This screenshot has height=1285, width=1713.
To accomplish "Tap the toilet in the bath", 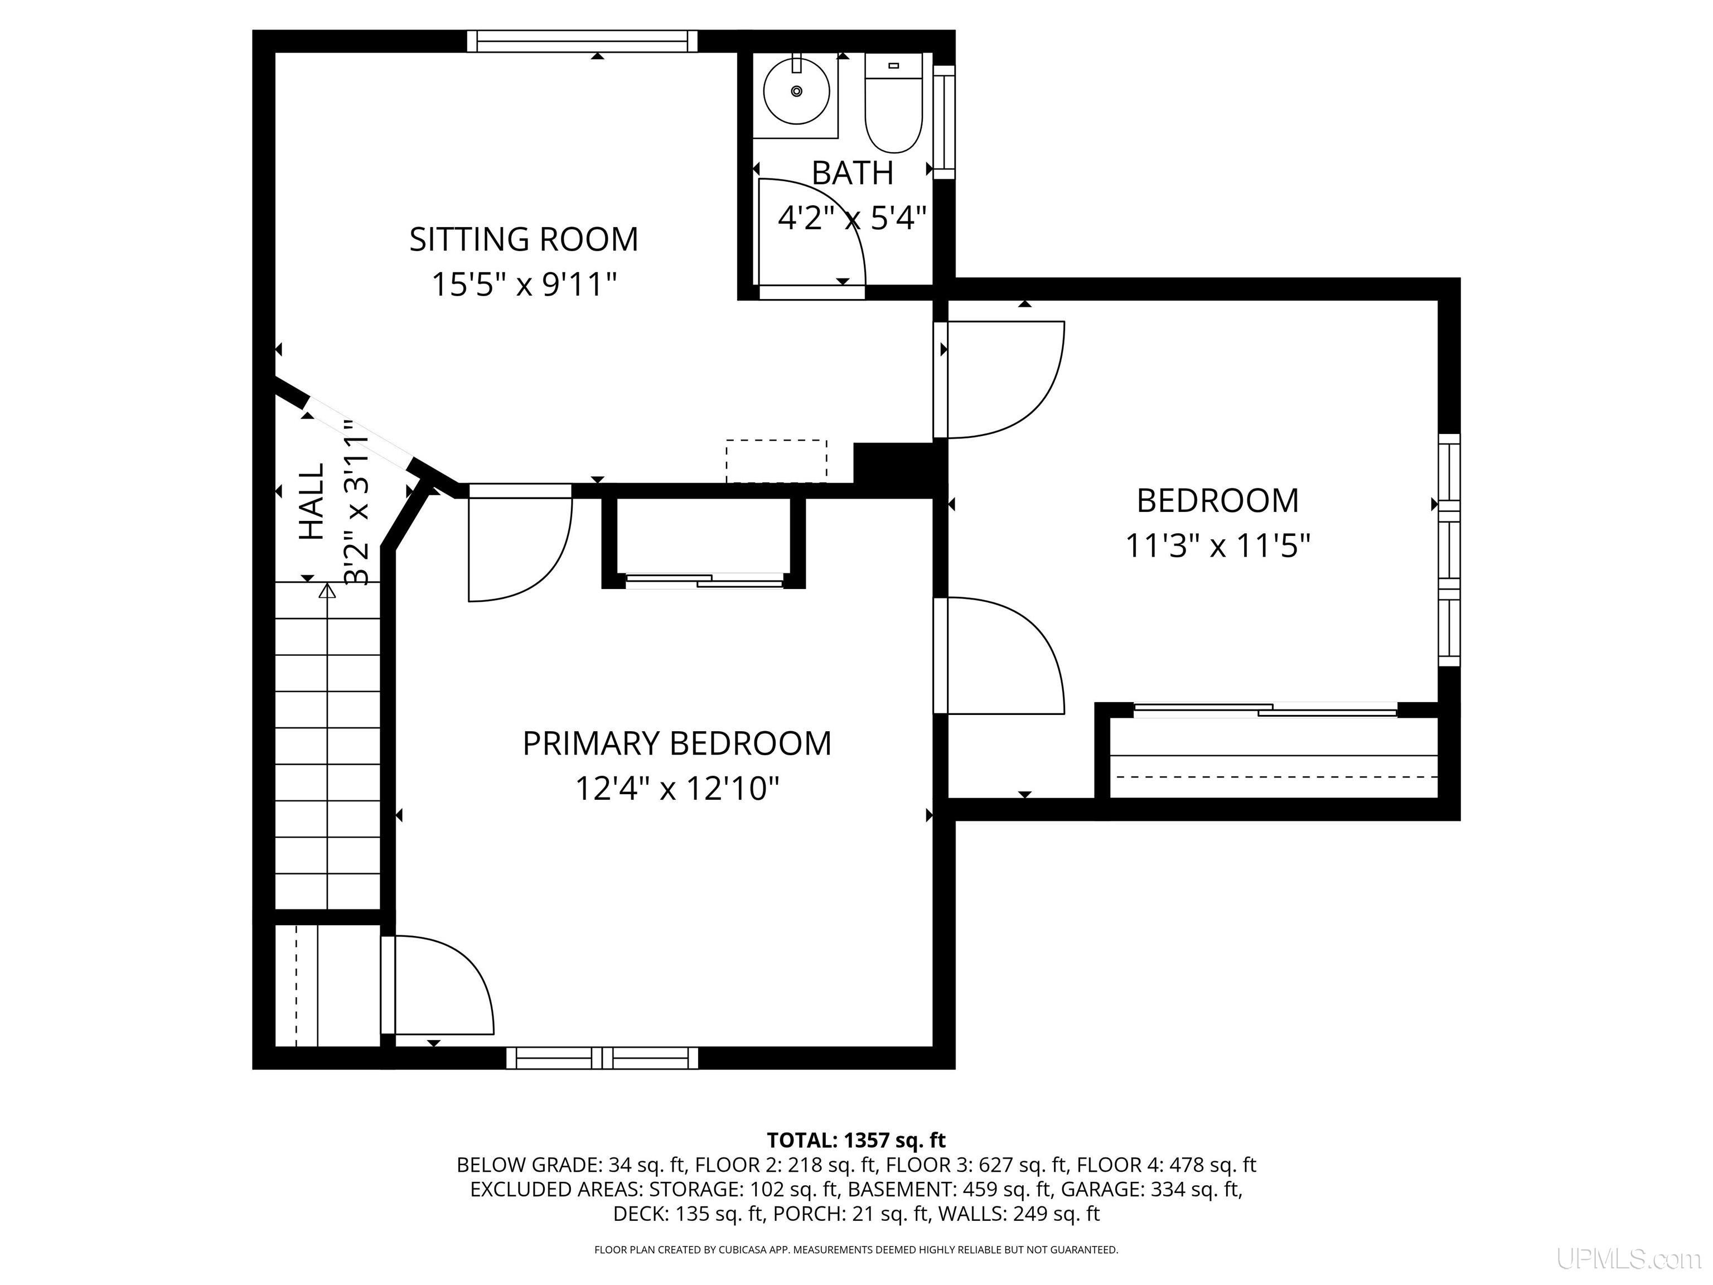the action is click(894, 103).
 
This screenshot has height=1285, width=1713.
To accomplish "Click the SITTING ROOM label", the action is click(524, 239).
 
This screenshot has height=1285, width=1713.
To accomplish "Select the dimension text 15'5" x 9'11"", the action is click(524, 284).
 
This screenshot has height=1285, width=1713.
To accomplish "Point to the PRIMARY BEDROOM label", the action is click(677, 743).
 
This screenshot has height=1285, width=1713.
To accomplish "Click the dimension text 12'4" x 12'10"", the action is click(677, 789).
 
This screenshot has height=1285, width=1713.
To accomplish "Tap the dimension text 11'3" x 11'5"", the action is click(1217, 545).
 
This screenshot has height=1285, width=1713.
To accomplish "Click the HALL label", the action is click(311, 501).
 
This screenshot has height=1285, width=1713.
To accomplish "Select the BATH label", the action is click(853, 173).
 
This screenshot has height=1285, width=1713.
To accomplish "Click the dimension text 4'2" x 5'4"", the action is click(853, 218).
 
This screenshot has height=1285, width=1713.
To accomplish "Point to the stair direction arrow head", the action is click(327, 591).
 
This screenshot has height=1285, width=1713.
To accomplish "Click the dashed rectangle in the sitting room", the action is click(776, 461).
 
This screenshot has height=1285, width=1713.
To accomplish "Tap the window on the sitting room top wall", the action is click(582, 41).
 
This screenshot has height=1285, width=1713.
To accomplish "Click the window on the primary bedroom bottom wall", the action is click(602, 1058).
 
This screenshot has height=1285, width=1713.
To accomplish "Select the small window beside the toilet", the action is click(944, 122).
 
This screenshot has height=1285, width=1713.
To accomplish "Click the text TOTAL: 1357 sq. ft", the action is click(856, 1140).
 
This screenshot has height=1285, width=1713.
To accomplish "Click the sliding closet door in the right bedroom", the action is click(1265, 709).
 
